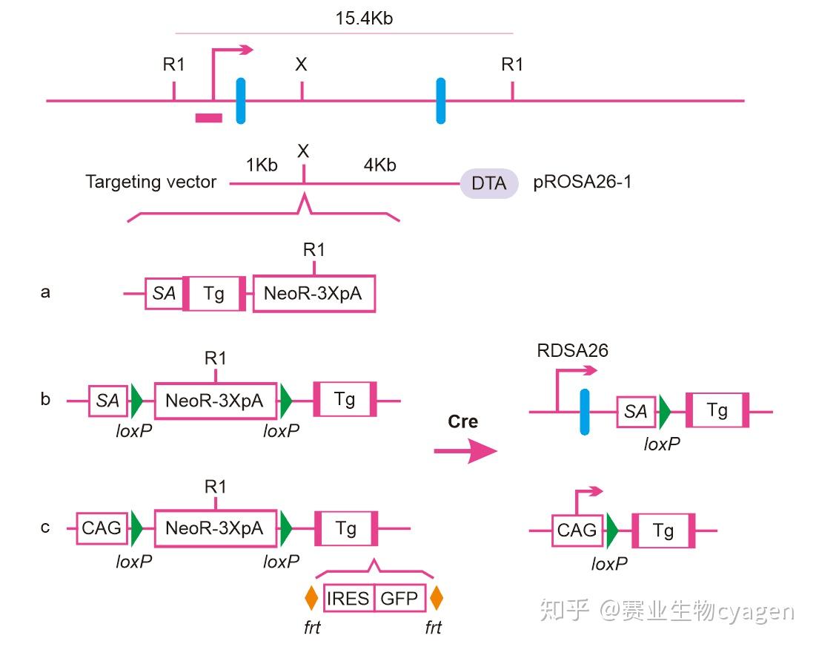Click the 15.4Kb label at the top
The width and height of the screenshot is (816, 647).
click(363, 19)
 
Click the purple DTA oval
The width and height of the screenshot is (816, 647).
click(488, 183)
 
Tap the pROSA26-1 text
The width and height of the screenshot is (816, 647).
click(583, 182)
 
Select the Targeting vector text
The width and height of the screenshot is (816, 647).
click(150, 182)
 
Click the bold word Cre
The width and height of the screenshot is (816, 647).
click(462, 421)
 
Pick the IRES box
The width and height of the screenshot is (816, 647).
click(348, 598)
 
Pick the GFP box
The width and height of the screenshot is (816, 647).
click(399, 598)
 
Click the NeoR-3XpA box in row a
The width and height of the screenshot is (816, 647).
click(314, 293)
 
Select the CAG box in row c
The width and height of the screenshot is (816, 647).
click(102, 528)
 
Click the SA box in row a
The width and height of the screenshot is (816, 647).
click(164, 293)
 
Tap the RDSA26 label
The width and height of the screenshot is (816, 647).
click(572, 350)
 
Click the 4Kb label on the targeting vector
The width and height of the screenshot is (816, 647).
click(379, 165)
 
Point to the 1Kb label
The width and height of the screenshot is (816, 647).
click(262, 165)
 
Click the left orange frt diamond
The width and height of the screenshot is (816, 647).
click(311, 597)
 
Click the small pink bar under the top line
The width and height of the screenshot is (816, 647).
click(208, 116)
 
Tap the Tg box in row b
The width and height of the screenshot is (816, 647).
click(345, 400)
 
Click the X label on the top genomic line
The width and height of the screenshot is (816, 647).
click(301, 65)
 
